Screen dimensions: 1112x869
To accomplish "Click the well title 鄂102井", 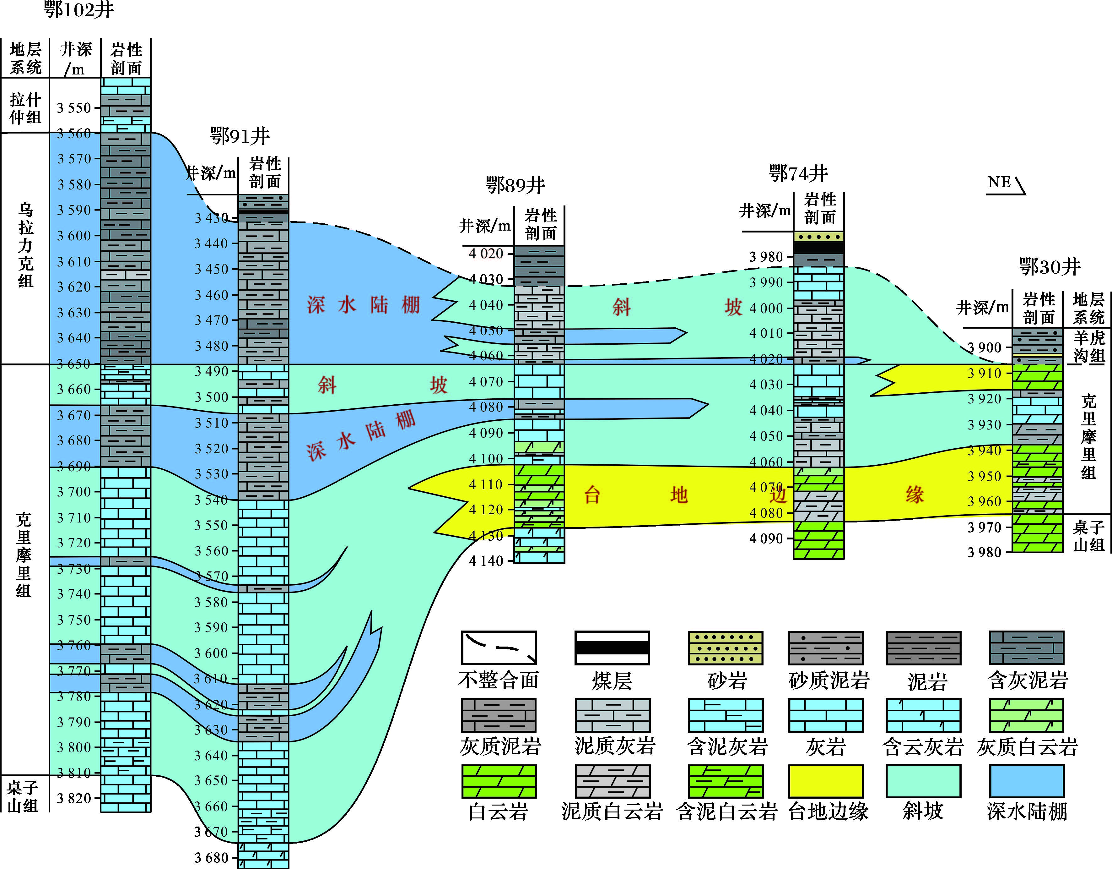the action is coord(79,10).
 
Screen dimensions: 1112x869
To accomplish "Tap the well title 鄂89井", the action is coord(515,185).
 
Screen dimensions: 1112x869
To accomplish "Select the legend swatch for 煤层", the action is coord(612,648).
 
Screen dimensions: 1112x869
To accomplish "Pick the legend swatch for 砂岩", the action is coord(726,648).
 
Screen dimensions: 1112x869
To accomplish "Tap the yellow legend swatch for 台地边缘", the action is coord(826,781).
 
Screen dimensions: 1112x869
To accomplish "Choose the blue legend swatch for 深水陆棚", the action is coord(1027,781).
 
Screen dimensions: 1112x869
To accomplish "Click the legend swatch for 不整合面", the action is coord(499,648).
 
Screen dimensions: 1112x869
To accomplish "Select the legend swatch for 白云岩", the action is coord(499,781).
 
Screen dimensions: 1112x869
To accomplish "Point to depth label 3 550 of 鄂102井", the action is coord(74,108).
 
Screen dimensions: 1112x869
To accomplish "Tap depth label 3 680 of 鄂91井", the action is coord(211,858).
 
